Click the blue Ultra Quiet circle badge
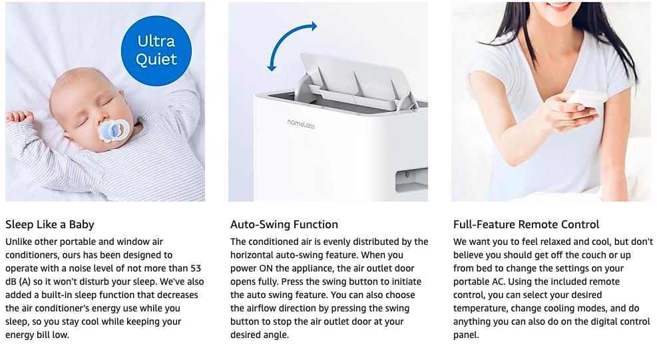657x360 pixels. pos(156,51)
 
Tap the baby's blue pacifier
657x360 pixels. pos(112,130)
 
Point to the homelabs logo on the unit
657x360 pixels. pos(301,124)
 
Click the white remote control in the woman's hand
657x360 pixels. pos(586,100)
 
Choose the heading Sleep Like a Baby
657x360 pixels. pos(50,225)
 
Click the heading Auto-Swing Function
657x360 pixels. pos(284,225)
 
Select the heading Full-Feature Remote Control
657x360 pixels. pos(527,225)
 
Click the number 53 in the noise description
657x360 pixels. pos(195,268)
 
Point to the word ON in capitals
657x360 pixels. pos(266,268)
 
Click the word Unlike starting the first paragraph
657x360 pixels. pos(19,242)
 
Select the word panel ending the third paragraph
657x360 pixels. pos(466,335)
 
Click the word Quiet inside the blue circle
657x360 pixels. pos(156,59)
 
